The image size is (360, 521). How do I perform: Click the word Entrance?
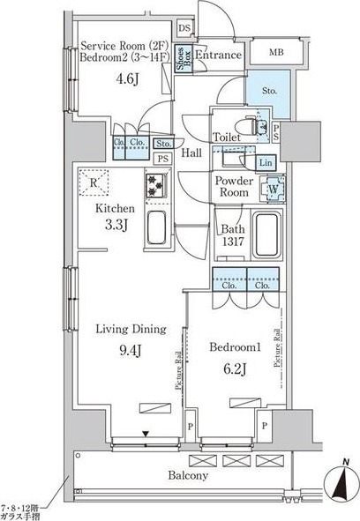(218, 56)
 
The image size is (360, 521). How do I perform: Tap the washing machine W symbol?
(274, 188)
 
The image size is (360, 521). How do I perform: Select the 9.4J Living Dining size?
(131, 348)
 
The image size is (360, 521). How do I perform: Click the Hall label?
(191, 153)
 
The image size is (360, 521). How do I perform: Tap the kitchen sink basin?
(154, 230)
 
